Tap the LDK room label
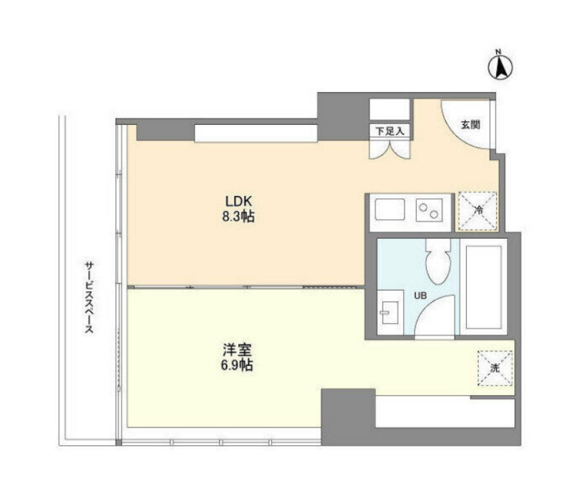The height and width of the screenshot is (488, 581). [x=239, y=201]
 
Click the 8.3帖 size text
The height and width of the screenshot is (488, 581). [x=238, y=216]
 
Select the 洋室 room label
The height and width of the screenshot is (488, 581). [x=237, y=350]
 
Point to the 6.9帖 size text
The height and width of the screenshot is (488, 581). [x=237, y=365]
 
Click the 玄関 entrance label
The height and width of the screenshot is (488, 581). [x=470, y=125]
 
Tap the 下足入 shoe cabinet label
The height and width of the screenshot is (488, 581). [x=389, y=131]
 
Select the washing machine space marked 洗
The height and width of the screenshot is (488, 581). [x=495, y=369]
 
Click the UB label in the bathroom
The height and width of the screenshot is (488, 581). [x=420, y=296]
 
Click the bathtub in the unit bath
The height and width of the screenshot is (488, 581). [x=484, y=287]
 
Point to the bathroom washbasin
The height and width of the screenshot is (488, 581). [x=390, y=312]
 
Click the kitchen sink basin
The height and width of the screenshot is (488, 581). [x=389, y=209]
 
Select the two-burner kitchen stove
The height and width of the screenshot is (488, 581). [x=429, y=210]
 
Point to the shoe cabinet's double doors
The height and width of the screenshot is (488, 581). [x=390, y=150]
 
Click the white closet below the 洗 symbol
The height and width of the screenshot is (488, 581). [x=445, y=412]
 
